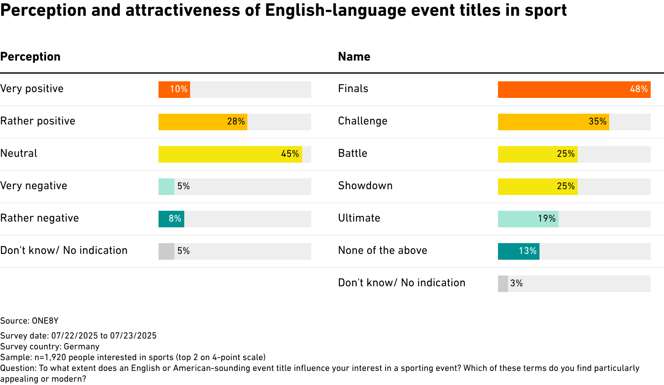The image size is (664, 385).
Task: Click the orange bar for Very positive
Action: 174,90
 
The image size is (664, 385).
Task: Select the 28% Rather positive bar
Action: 203,122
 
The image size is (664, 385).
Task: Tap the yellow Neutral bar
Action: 230,154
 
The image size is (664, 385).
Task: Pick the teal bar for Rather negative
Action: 171,219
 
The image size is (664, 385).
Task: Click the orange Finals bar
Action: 574,90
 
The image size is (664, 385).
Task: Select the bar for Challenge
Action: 554,122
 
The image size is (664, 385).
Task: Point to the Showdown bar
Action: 538,186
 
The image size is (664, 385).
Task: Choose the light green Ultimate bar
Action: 528,219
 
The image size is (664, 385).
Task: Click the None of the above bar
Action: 519,251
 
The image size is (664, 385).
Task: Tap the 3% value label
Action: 516,283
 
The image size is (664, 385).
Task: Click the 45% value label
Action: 290,154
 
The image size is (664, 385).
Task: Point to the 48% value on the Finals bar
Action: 639,89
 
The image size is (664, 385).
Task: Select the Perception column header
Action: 30,56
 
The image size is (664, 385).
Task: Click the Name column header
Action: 354,56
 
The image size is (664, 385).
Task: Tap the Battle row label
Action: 353,153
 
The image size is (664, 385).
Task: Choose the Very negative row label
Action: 34,186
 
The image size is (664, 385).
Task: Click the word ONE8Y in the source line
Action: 45,321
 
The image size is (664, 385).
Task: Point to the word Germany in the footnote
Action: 81,347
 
